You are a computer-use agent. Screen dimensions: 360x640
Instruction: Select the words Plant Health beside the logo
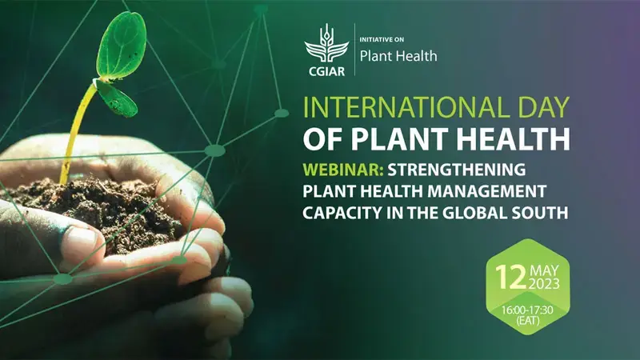point(398,57)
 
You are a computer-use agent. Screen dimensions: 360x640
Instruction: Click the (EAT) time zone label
point(528,320)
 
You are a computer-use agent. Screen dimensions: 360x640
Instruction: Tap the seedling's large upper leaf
point(122,44)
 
